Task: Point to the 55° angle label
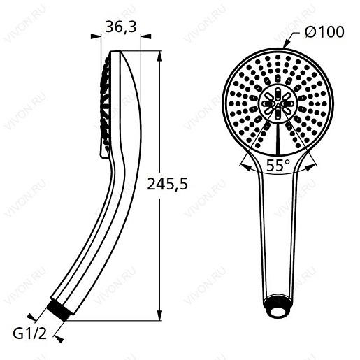tap(279, 166)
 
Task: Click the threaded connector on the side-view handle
tap(60, 308)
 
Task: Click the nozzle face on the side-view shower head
tap(106, 105)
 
